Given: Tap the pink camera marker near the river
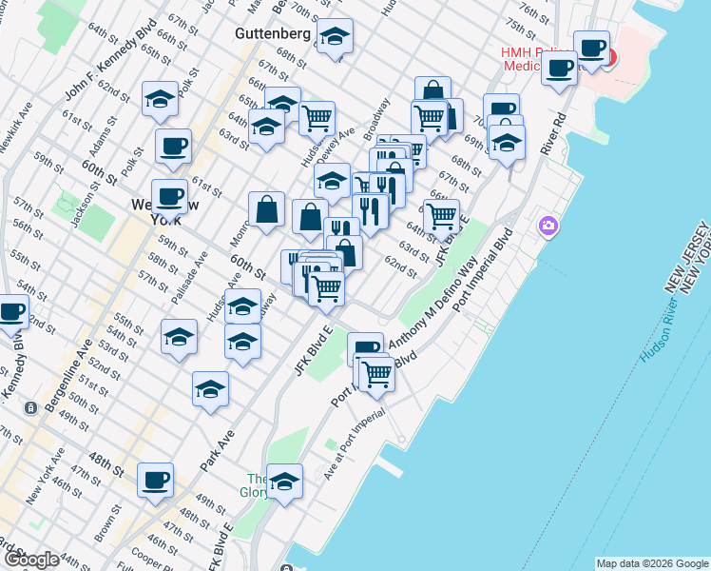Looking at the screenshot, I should coord(548,226).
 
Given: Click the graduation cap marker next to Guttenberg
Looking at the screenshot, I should coord(333,37).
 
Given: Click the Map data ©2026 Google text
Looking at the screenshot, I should coord(651,563).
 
